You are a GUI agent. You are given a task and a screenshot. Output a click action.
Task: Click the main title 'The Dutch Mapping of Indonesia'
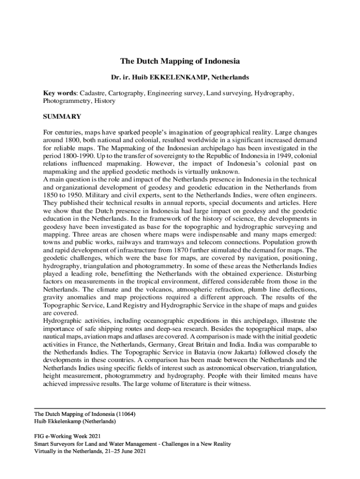point(180,61)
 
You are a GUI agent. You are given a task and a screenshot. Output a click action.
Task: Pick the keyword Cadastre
point(94,93)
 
